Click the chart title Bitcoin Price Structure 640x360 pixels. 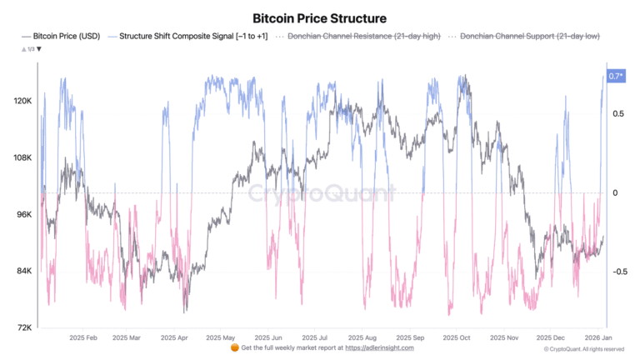[x=319, y=17]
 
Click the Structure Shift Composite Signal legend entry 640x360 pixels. [x=193, y=37]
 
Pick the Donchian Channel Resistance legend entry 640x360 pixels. [x=362, y=37]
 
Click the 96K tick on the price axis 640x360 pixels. [x=23, y=214]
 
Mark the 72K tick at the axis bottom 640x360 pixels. [x=23, y=327]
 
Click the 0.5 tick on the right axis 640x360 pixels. [x=618, y=114]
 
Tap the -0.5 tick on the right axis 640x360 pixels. [x=618, y=272]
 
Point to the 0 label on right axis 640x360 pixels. [x=615, y=193]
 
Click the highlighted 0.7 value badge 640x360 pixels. [x=617, y=77]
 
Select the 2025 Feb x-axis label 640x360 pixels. [x=81, y=339]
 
